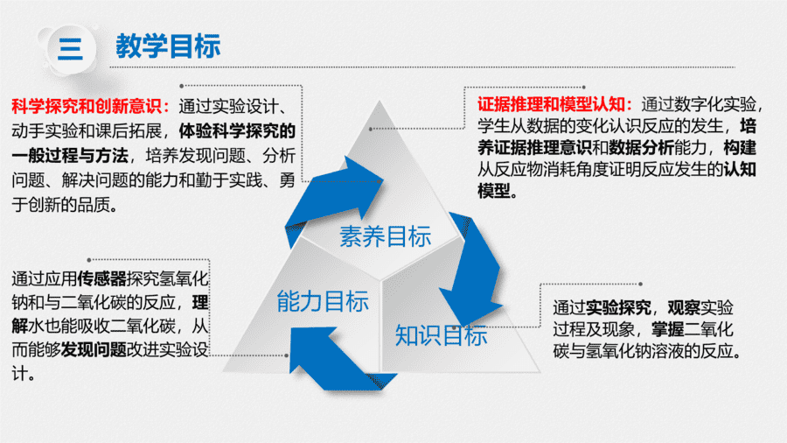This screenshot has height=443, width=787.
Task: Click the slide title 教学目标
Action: click(168, 46)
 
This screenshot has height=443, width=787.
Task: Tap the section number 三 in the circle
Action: click(71, 49)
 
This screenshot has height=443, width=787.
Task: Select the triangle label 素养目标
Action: click(386, 236)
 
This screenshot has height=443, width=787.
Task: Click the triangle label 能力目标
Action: click(323, 301)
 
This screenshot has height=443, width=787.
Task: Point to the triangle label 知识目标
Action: click(442, 335)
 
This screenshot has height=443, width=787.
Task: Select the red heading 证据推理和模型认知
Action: click(551, 104)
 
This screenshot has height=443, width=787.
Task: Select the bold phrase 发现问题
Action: click(94, 349)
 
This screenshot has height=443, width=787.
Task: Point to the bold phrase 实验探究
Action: click(618, 307)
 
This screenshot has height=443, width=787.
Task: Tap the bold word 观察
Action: click(684, 307)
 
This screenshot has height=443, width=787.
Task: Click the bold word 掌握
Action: click(667, 329)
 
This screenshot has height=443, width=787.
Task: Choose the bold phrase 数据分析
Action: click(642, 148)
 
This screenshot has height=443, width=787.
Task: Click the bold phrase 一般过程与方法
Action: click(70, 156)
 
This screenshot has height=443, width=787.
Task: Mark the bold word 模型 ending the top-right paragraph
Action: click(493, 191)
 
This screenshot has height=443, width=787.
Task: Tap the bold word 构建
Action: click(740, 148)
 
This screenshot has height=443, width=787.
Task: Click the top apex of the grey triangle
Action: click(379, 101)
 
